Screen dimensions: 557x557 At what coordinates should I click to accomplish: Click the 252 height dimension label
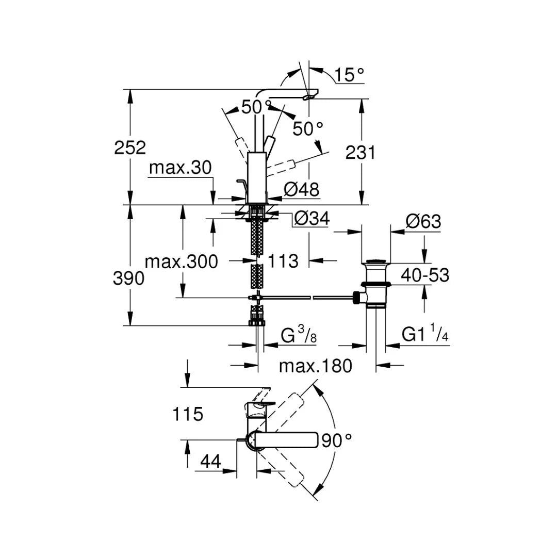pos(130,148)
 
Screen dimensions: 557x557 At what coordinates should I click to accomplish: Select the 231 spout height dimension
pos(359,153)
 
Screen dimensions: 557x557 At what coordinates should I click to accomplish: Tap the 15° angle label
pos(349,75)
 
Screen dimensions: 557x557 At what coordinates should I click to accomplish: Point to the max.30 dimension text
pos(180,168)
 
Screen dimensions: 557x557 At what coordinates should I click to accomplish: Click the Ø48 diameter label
pos(301,189)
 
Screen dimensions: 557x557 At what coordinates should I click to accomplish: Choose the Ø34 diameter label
pos(311,219)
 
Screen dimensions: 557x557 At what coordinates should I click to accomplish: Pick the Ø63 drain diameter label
pos(423,222)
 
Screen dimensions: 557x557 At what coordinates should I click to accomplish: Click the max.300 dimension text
pos(181,261)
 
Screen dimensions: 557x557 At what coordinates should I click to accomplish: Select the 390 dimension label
pos(129,278)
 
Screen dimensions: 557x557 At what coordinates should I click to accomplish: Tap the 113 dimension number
pos(283,261)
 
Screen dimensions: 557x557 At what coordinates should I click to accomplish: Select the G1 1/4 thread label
pos(425,335)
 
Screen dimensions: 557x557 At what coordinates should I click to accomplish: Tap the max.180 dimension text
pos(315,366)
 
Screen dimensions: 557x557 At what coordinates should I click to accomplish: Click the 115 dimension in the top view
pos(188,414)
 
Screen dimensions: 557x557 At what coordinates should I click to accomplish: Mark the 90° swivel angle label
pos(336,440)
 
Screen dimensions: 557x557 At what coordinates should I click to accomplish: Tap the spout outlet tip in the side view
pos(311,96)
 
